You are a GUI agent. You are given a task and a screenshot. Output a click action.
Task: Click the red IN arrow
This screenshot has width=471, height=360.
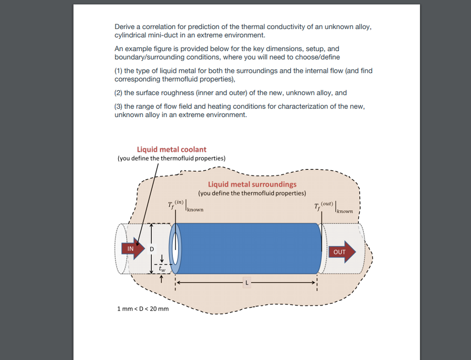coord(131,248)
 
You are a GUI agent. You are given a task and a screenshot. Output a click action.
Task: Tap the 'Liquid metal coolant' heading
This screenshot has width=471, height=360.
coord(172,149)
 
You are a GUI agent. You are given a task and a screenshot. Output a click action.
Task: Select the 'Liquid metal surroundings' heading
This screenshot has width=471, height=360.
coord(252,184)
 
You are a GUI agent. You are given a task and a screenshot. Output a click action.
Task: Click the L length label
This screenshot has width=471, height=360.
coord(247,283)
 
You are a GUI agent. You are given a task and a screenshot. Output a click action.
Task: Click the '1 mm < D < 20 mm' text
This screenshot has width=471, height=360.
coord(143,308)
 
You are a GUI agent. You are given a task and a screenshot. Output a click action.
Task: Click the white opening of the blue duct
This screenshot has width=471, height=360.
coord(175,249)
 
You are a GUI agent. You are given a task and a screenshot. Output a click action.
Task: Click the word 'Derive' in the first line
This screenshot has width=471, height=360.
coord(124,27)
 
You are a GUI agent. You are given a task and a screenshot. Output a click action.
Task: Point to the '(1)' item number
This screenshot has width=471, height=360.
coord(118,71)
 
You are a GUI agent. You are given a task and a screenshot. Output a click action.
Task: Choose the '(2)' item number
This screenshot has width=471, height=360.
coord(118,93)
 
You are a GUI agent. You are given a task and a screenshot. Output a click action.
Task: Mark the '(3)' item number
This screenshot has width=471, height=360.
coord(118,106)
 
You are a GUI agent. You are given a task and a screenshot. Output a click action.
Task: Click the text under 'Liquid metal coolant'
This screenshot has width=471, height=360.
coord(172,158)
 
